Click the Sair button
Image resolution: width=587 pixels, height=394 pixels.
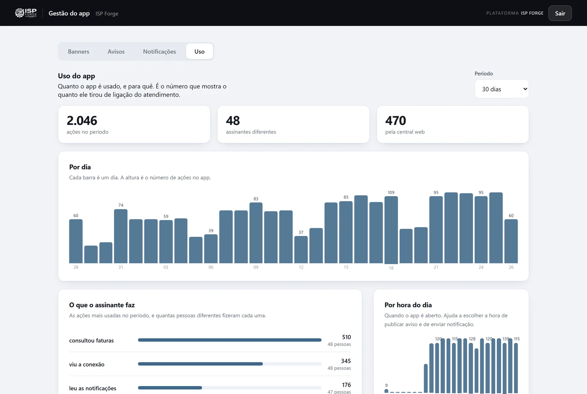pyautogui.click(x=560, y=13)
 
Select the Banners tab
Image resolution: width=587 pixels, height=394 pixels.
pyautogui.click(x=79, y=52)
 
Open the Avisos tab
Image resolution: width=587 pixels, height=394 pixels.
pyautogui.click(x=116, y=52)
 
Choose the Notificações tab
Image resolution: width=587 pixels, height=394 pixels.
pyautogui.click(x=159, y=52)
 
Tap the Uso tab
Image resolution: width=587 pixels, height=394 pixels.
pyautogui.click(x=200, y=52)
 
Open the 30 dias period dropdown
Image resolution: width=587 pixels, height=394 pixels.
pyautogui.click(x=502, y=89)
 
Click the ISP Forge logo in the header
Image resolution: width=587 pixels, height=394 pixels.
pyautogui.click(x=26, y=13)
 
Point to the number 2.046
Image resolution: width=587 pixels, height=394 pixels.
pyautogui.click(x=82, y=120)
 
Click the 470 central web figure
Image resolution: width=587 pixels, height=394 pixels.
pyautogui.click(x=395, y=120)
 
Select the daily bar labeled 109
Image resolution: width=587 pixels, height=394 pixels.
pyautogui.click(x=391, y=230)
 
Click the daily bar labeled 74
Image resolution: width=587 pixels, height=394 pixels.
pyautogui.click(x=121, y=236)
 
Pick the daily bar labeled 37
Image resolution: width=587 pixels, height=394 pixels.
pyautogui.click(x=301, y=249)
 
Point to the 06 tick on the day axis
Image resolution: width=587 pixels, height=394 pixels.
pyautogui.click(x=211, y=267)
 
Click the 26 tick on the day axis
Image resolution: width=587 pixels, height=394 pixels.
pyautogui.click(x=511, y=267)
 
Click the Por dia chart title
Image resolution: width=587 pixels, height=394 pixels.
pyautogui.click(x=80, y=167)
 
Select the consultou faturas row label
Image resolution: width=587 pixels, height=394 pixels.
pyautogui.click(x=91, y=340)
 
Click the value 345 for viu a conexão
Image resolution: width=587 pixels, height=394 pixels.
pyautogui.click(x=346, y=361)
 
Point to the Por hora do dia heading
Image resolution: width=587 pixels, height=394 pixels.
pyautogui.click(x=408, y=305)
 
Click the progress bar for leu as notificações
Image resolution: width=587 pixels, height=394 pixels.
pyautogui.click(x=230, y=388)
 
